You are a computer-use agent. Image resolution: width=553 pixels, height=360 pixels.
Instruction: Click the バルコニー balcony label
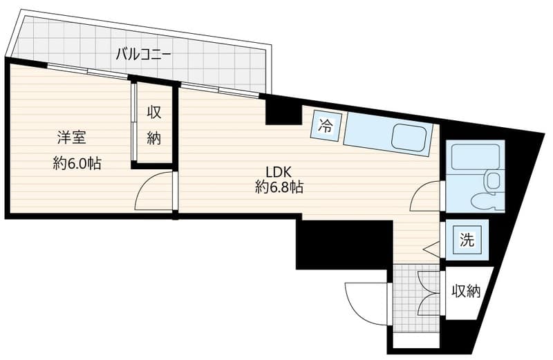[144, 55]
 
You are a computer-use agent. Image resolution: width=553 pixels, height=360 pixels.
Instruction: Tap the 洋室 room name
[72, 138]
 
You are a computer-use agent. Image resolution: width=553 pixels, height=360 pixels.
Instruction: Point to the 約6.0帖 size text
[77, 163]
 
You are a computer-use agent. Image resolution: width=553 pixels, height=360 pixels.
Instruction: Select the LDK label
[279, 173]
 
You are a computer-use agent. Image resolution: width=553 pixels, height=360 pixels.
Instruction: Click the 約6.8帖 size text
[279, 187]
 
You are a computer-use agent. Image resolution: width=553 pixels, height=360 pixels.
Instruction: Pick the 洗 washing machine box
[467, 240]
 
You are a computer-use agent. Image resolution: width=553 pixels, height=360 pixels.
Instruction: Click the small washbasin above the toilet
[493, 181]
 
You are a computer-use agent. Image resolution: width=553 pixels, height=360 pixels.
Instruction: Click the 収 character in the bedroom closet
[154, 113]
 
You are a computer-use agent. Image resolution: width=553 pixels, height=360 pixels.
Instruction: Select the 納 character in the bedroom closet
[154, 138]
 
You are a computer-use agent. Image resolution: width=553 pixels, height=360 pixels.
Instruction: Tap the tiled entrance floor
[417, 299]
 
